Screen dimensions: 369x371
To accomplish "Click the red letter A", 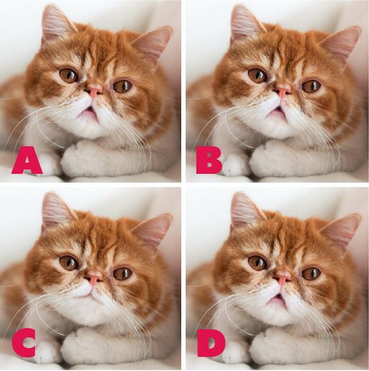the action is point(27,160).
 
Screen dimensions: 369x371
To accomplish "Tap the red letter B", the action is point(209,160).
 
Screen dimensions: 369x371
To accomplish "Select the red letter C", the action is point(24,343).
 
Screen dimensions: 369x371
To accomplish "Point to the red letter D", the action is point(211,343).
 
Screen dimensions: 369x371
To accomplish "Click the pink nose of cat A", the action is point(94,91).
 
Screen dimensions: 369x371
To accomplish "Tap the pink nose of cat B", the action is point(283,91).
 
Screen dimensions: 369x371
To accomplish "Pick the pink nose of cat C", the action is point(94,278).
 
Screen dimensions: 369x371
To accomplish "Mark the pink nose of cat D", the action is point(283,278).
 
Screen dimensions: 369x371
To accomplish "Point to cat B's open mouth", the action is point(276,113).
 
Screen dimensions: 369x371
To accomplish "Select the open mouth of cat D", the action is point(276,300).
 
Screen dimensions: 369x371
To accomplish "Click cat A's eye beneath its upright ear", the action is point(69,75).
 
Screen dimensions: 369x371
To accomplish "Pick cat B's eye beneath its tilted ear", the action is point(311,86).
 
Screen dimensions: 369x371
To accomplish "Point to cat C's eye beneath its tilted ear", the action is point(123,274).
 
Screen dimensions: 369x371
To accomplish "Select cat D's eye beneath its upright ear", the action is point(258,262).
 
